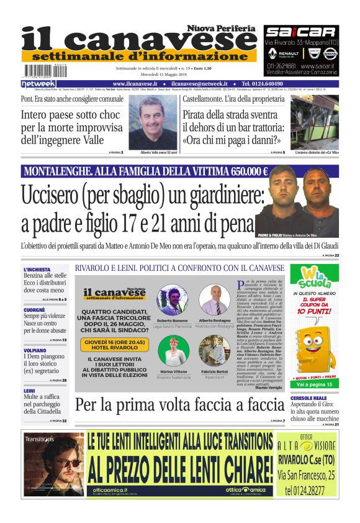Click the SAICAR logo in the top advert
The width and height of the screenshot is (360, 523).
coord(301,32)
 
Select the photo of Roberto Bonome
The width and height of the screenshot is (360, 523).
coord(173,301)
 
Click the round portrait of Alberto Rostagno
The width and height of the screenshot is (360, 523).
coord(215,299)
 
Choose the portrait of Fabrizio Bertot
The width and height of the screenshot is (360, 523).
coord(215,350)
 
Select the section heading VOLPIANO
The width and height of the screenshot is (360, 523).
coord(35,350)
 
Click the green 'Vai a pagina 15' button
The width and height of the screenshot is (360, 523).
coord(315,402)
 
